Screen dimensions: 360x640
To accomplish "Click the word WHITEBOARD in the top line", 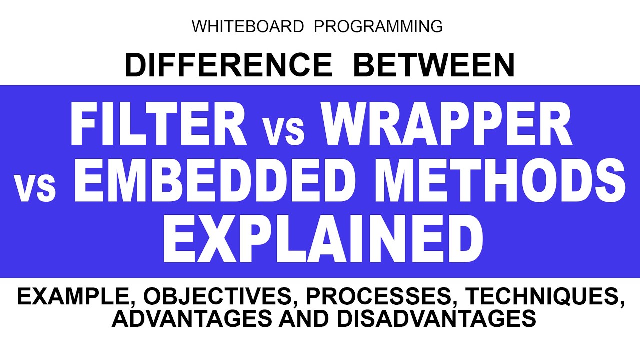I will (247, 26).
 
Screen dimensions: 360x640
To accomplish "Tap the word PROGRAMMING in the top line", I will (378, 26).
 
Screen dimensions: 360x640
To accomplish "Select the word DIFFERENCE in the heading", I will (228, 65).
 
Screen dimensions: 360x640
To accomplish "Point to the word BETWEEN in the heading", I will (434, 65).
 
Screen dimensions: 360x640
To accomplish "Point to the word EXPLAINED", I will (323, 238).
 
